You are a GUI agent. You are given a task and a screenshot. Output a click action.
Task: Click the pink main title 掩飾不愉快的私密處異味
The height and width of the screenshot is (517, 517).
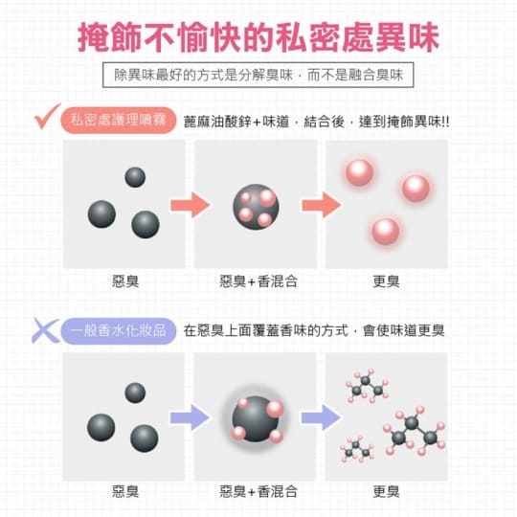(258, 37)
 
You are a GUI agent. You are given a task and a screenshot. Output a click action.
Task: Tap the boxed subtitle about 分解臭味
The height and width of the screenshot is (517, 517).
(258, 75)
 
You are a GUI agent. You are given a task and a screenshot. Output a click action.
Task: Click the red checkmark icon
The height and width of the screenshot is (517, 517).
(47, 116)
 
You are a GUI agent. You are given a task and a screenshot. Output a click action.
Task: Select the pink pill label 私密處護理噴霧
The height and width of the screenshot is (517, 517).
(119, 121)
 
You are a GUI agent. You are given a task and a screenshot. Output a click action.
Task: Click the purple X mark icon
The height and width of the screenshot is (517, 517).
(45, 330)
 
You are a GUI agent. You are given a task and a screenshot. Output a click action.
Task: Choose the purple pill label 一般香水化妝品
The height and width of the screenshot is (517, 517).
(119, 330)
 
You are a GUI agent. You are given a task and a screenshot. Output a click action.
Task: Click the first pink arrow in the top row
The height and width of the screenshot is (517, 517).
(191, 205)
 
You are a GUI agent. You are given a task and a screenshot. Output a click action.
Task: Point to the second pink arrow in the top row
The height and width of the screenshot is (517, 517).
(322, 205)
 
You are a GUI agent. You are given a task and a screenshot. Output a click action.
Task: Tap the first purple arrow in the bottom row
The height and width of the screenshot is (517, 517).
(190, 417)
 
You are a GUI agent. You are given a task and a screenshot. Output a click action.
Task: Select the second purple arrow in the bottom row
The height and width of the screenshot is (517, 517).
(321, 417)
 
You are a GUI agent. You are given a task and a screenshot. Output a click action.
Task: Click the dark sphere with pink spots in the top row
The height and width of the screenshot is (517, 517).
(256, 207)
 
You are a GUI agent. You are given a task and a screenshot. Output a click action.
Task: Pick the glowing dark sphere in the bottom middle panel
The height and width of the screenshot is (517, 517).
(256, 418)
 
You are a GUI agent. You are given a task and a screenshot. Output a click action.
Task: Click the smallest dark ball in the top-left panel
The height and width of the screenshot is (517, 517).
(135, 177)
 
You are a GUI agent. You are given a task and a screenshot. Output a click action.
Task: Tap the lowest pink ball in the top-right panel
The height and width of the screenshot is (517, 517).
(386, 231)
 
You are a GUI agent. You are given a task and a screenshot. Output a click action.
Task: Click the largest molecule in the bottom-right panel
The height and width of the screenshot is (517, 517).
(415, 430)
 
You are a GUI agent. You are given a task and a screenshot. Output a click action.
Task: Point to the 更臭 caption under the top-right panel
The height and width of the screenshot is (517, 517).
(386, 281)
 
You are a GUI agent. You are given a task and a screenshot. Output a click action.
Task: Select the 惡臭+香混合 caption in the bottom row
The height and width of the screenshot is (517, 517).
(258, 491)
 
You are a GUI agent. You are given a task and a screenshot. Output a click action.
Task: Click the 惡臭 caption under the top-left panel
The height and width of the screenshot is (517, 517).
(125, 281)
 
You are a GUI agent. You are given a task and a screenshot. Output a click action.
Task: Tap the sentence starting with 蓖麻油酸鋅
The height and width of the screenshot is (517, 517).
(316, 122)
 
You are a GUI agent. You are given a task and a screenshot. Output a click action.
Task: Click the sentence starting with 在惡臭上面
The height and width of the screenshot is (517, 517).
(314, 330)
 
